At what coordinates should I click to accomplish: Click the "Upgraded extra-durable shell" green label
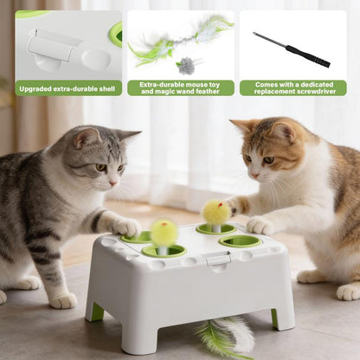[x=67, y=87]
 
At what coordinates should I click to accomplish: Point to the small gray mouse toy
[x=185, y=65]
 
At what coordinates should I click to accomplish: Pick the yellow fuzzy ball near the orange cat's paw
[x=215, y=212]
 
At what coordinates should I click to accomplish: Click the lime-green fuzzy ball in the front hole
[x=164, y=232]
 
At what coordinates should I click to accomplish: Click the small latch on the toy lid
[x=217, y=258]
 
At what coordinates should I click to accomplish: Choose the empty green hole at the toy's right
[x=240, y=241]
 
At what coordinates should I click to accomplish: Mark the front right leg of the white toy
[x=283, y=312]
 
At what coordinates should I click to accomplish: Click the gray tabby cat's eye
[x=101, y=167]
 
